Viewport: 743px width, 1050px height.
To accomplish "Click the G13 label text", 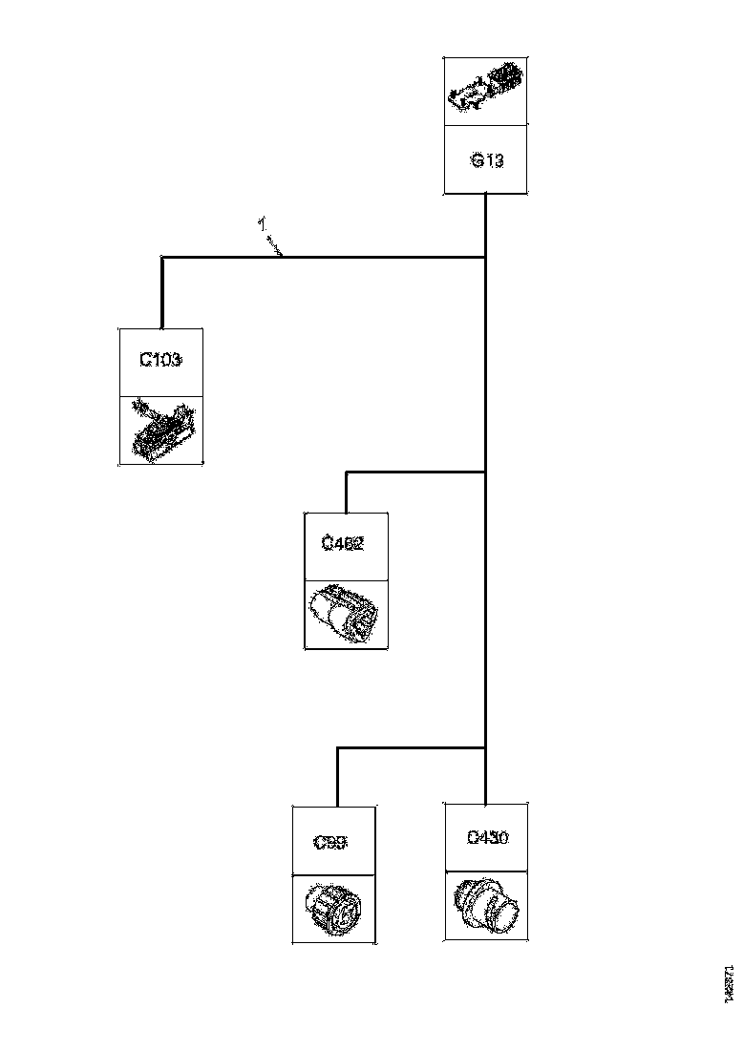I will click(x=487, y=160).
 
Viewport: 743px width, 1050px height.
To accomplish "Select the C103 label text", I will click(x=160, y=361).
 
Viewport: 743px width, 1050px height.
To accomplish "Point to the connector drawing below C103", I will click(x=162, y=430).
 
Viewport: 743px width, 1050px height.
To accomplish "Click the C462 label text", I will click(x=343, y=544).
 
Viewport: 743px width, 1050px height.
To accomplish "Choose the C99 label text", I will click(x=330, y=842).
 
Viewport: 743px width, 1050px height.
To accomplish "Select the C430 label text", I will click(x=487, y=838).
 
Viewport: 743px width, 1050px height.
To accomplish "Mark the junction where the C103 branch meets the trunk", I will click(x=487, y=257).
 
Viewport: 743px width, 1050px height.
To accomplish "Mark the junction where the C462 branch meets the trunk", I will click(x=487, y=472).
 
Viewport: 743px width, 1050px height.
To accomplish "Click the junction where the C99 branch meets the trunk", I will click(x=487, y=748).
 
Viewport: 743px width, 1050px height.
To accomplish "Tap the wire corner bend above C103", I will click(x=162, y=257).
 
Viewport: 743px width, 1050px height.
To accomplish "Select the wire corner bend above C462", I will click(x=346, y=472).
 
